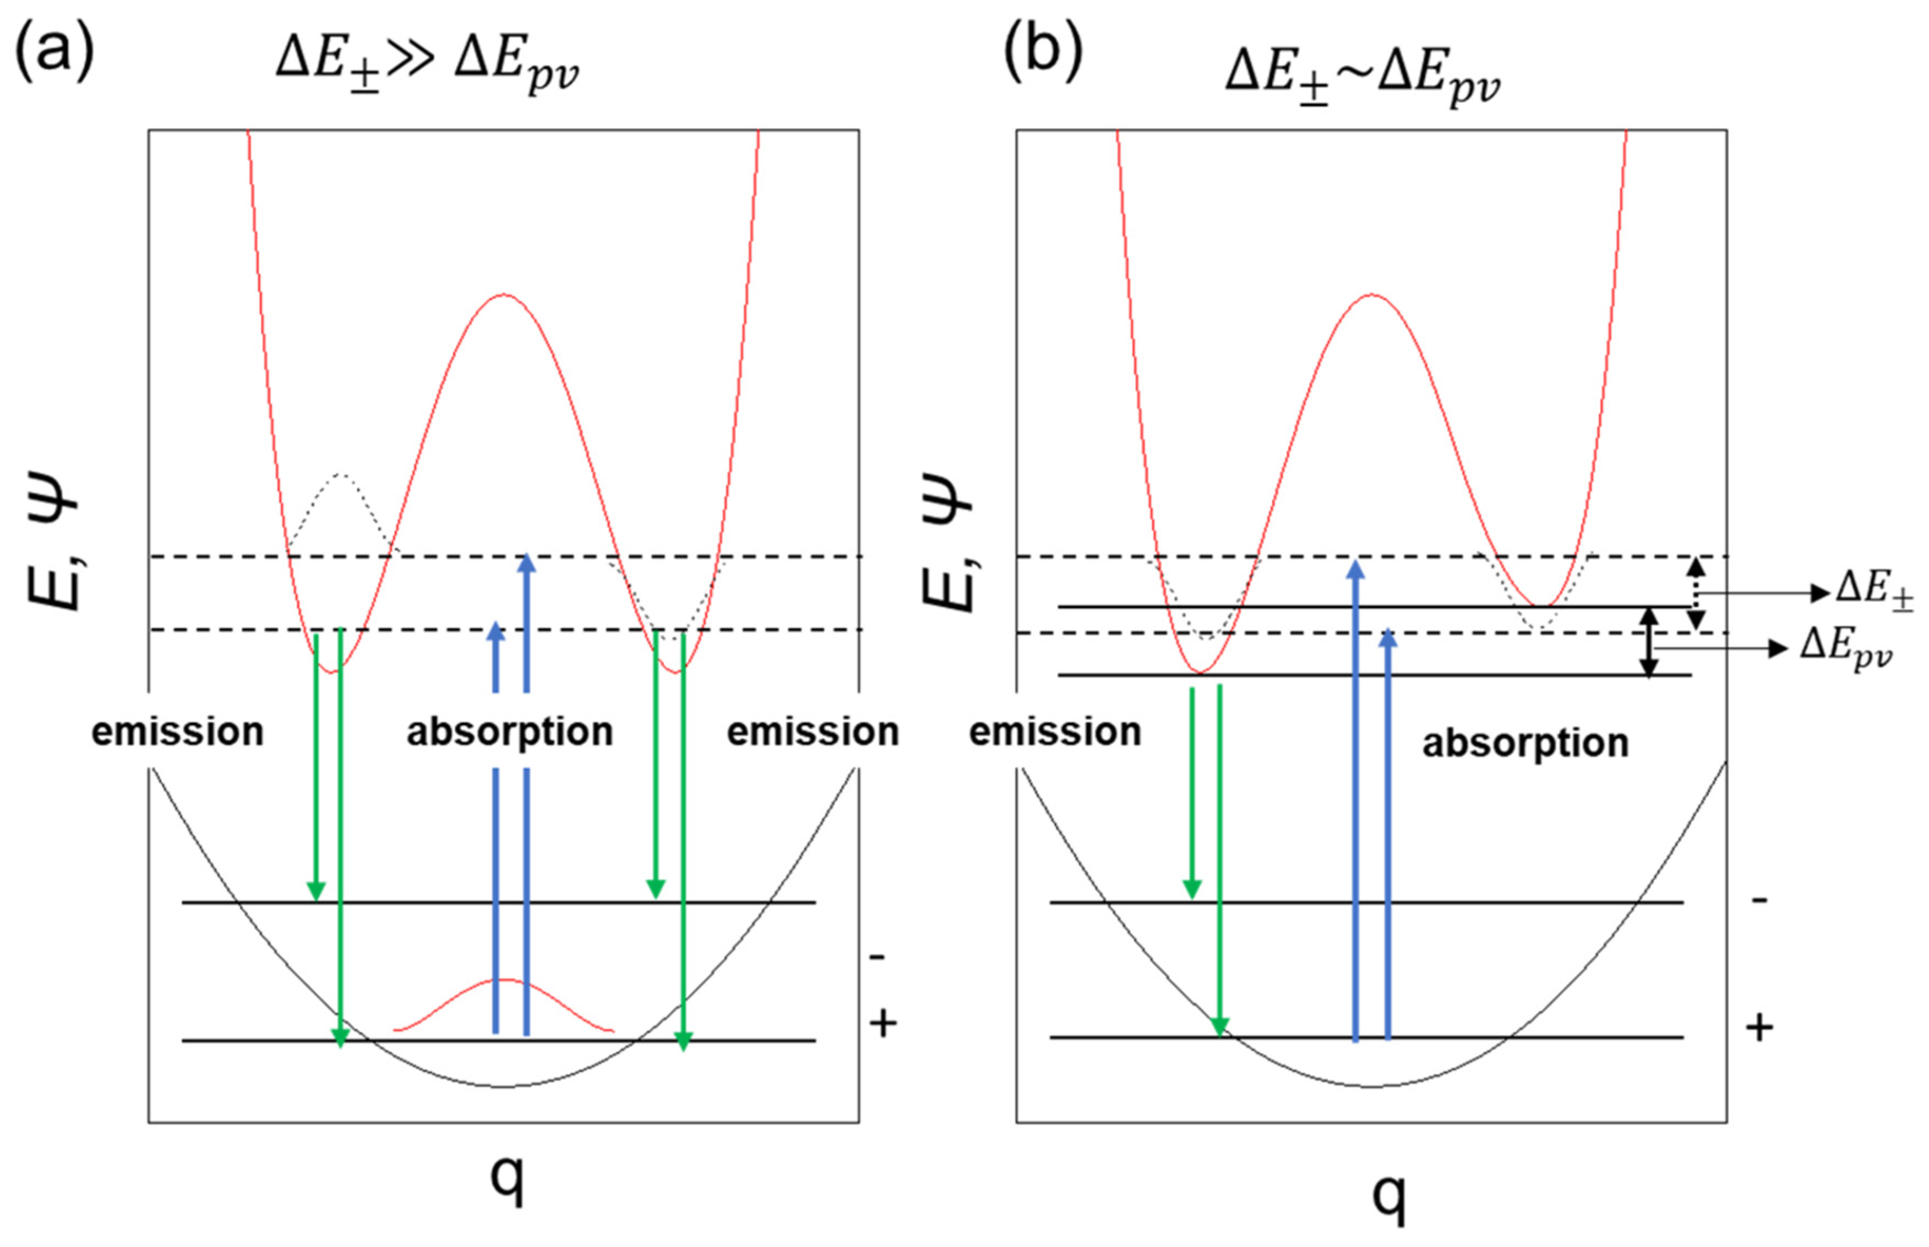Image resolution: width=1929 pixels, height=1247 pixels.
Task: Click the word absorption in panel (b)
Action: pyautogui.click(x=1525, y=743)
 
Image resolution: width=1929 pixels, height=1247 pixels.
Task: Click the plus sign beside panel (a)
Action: pyautogui.click(x=883, y=1024)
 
